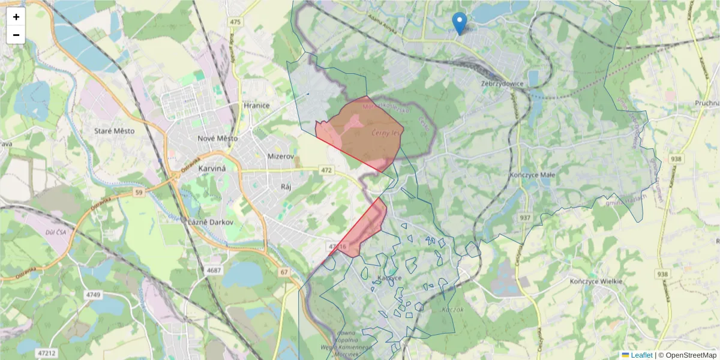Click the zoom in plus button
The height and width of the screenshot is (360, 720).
click(x=16, y=17)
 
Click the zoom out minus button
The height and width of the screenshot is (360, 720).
click(x=16, y=35)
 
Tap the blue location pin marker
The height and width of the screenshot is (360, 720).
click(x=459, y=23)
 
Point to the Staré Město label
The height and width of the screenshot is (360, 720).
click(x=115, y=131)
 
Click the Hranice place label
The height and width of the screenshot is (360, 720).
click(x=257, y=106)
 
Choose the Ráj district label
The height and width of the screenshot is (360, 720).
click(x=286, y=187)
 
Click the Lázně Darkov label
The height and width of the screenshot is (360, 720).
click(x=210, y=222)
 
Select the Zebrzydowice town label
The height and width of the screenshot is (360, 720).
click(x=503, y=84)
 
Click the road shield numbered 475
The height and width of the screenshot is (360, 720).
click(x=235, y=22)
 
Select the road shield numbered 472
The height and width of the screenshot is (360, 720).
click(x=326, y=171)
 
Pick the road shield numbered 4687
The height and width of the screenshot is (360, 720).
click(x=214, y=271)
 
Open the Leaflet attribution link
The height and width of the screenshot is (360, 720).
click(x=641, y=355)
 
